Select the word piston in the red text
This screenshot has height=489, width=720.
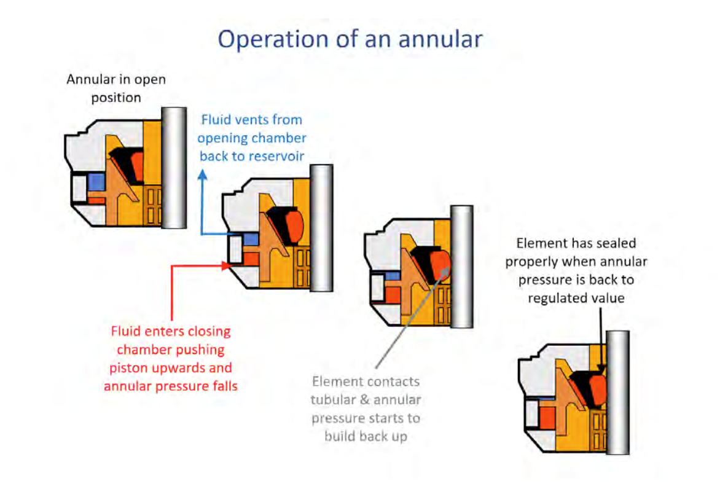(x=128, y=368)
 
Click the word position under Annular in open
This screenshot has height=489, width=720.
(x=117, y=98)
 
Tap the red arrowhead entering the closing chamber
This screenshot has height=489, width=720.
(x=225, y=265)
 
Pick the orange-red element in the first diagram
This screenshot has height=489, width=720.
(x=136, y=166)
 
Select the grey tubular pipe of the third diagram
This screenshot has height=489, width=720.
(x=461, y=266)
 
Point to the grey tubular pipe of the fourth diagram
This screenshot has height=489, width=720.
(x=617, y=393)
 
